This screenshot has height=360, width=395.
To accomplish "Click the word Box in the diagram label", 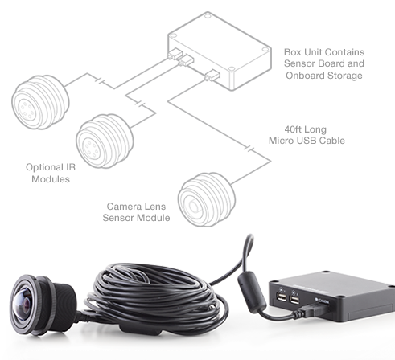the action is [x=292, y=52].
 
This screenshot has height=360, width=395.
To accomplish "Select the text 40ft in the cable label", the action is [x=293, y=129].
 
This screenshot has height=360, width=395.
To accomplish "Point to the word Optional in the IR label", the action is [x=40, y=167].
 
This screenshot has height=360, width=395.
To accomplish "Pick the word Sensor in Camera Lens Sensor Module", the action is [x=117, y=218].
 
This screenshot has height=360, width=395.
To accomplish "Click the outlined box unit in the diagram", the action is [x=220, y=51].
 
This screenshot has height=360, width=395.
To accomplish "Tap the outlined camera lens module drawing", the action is [x=207, y=199].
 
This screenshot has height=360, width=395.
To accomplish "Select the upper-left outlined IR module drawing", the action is [x=40, y=102].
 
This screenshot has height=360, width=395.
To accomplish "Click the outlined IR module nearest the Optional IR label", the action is [x=105, y=141].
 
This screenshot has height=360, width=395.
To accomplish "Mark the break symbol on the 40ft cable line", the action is [x=249, y=149].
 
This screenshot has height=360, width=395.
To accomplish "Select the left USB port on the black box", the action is [x=281, y=297].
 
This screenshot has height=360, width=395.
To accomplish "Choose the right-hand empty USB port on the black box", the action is [x=294, y=299].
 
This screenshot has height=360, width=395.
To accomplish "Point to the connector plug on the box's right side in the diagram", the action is [x=212, y=75].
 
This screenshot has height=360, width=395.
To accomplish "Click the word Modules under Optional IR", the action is [x=51, y=179].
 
